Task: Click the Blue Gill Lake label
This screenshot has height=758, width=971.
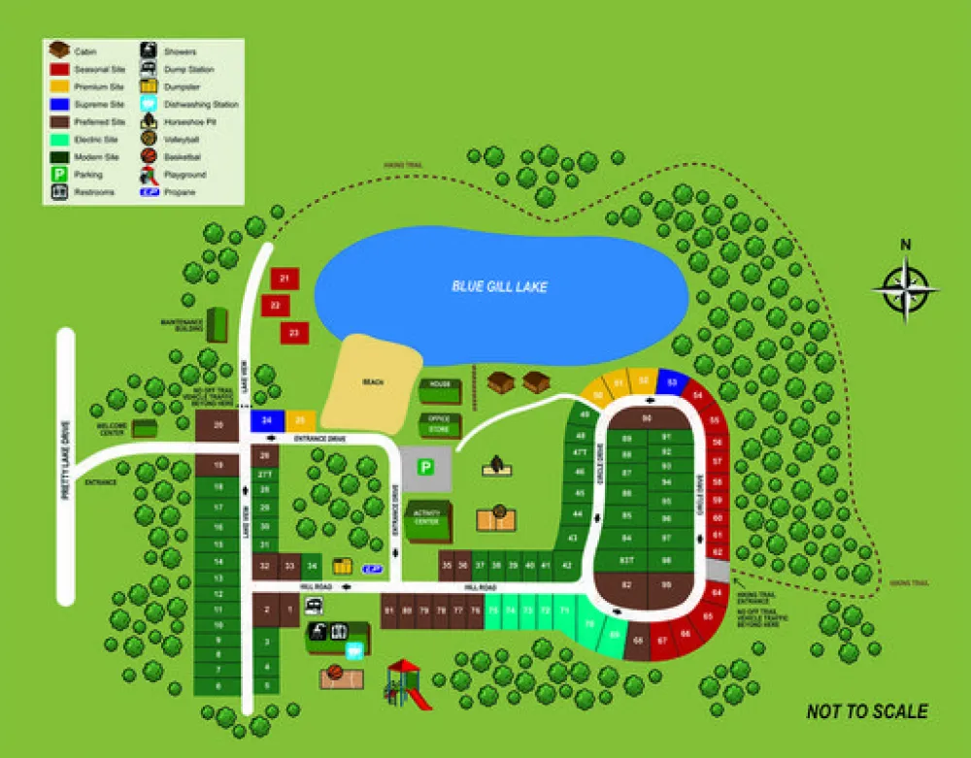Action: (x=499, y=286)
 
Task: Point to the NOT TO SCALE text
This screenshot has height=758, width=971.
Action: (x=866, y=711)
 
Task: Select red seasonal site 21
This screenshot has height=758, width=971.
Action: (x=284, y=280)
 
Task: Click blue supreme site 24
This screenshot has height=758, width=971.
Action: (x=266, y=420)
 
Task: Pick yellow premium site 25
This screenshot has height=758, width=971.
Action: (x=300, y=420)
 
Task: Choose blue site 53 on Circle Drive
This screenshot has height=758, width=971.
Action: (x=672, y=383)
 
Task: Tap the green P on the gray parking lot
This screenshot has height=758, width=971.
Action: (x=425, y=468)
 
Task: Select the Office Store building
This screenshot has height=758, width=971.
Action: (x=440, y=424)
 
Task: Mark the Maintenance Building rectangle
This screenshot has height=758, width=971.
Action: (x=217, y=324)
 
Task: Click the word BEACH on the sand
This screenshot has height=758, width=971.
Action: (x=373, y=382)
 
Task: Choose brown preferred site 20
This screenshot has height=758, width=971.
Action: (x=218, y=425)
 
